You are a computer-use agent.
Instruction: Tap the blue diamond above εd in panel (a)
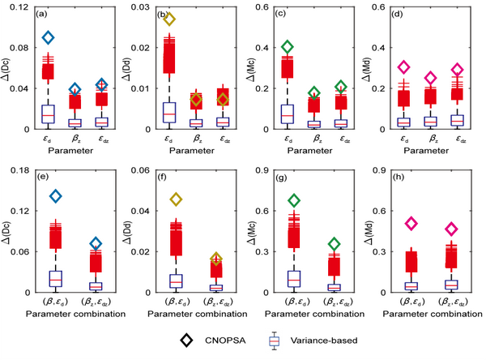coord(48,37)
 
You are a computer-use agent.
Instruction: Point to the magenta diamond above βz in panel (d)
coord(431,79)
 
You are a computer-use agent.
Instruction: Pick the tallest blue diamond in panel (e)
coord(55,195)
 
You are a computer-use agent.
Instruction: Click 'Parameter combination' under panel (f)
coord(191,312)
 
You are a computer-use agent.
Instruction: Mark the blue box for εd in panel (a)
coord(48,114)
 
